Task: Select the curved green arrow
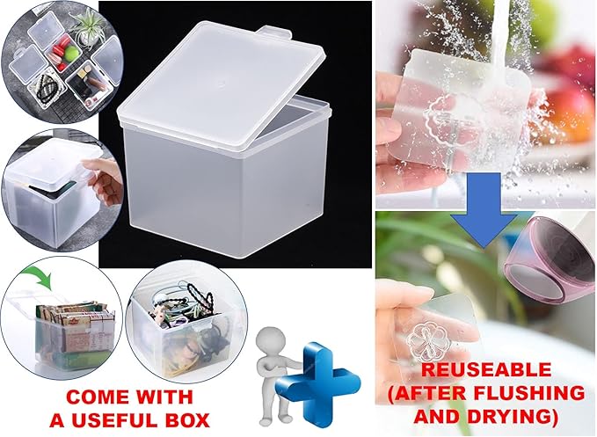(37, 278)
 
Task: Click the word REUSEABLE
(486, 370)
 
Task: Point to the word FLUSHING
(534, 393)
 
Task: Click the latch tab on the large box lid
(276, 32)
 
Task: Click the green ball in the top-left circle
(71, 54)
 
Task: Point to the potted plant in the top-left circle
(90, 28)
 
